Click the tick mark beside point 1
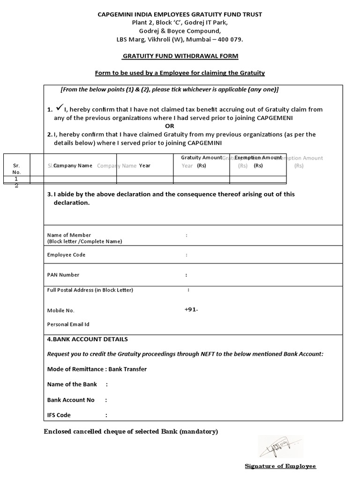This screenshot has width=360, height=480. point(59,108)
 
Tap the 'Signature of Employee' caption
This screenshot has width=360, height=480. point(280,466)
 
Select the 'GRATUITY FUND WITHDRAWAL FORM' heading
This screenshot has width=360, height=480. point(180,56)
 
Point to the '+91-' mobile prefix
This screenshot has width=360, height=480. point(191,309)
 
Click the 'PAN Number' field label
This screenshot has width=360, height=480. point(63,275)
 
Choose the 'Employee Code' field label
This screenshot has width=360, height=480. point(66,255)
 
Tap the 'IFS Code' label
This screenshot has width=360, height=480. point(59,415)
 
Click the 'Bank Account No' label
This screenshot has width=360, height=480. point(71,400)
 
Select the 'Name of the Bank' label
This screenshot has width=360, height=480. point(72,384)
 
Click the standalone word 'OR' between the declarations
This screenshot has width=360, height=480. point(170,126)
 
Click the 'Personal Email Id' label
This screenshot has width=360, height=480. point(68,324)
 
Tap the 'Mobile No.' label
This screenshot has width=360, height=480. point(61,310)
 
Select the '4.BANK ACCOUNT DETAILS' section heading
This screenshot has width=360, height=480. point(87,339)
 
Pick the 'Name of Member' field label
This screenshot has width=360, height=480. point(69,235)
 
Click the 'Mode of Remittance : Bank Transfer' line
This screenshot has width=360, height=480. point(97,369)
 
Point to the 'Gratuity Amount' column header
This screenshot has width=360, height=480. point(202,158)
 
